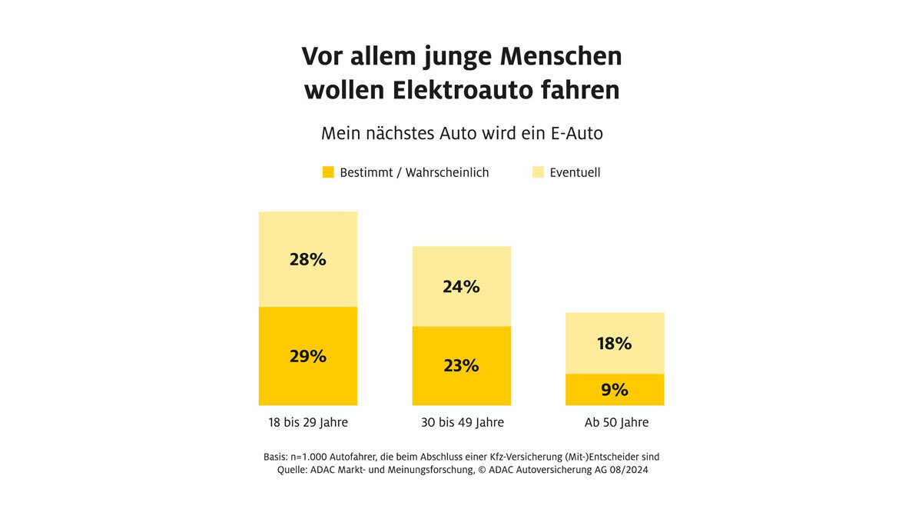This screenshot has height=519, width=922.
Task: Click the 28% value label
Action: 307,260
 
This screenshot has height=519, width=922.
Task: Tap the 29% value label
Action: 307,357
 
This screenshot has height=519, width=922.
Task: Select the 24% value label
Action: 461,287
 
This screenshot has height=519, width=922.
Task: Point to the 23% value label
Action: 461,366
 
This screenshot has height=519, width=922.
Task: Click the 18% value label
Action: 615,344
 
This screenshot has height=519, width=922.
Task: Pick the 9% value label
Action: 615,390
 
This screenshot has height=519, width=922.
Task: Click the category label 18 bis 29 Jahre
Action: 307,423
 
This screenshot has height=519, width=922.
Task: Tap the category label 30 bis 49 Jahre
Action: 461,423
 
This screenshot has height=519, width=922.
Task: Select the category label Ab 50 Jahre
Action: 616,423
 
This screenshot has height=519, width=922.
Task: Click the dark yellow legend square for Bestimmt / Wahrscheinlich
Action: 328,172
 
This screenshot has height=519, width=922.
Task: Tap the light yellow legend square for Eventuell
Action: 538,172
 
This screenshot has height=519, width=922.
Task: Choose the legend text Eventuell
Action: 575,172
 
